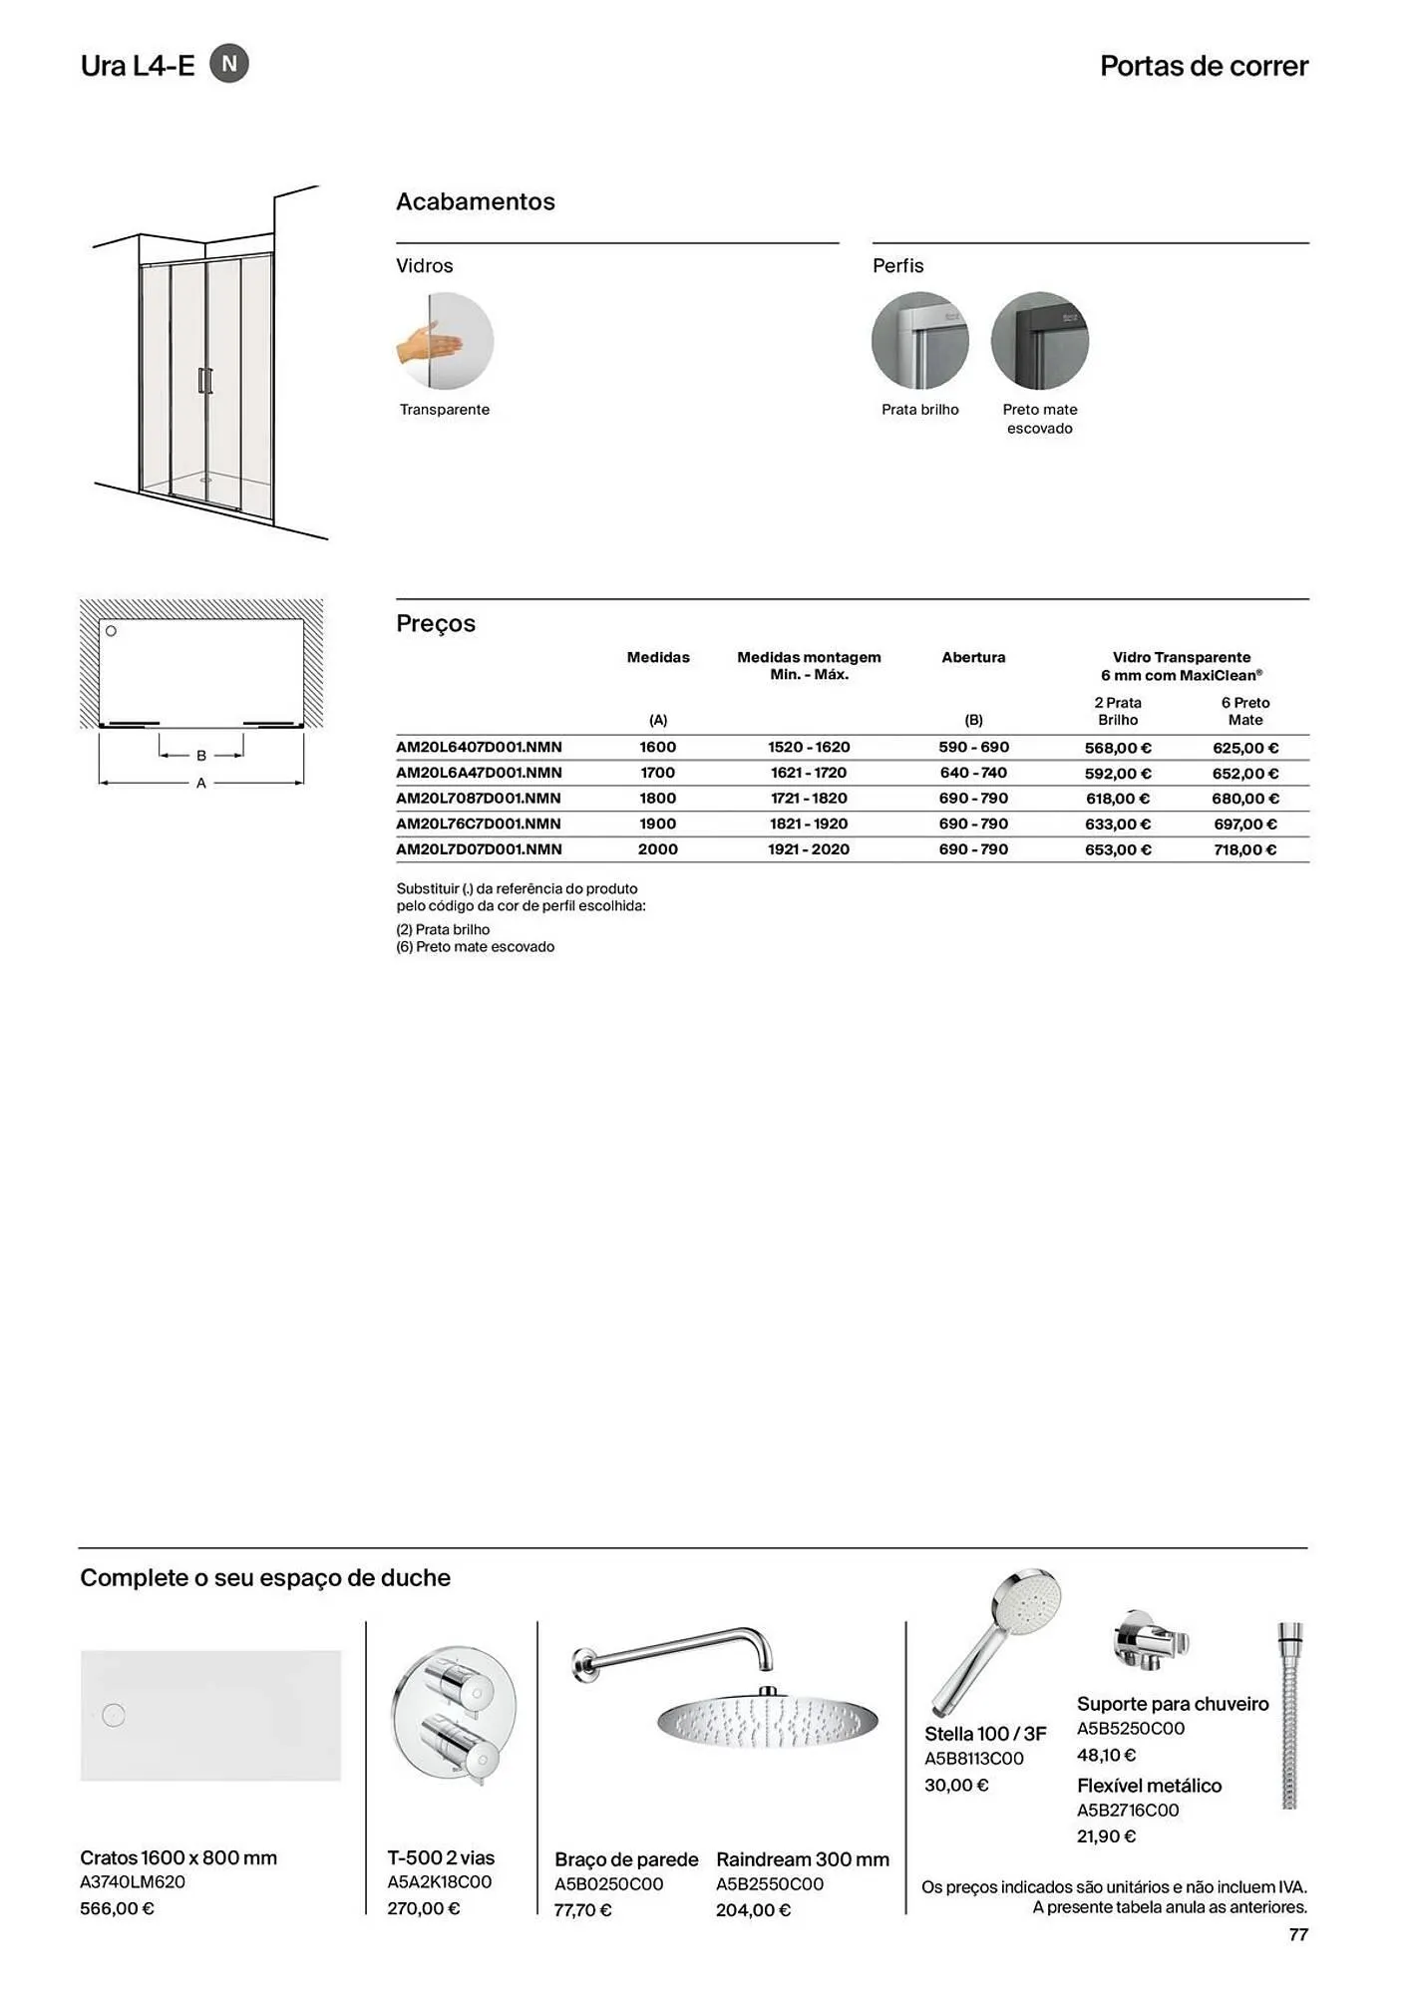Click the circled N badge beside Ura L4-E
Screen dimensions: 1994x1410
[x=229, y=64]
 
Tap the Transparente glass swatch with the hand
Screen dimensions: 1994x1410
[x=445, y=341]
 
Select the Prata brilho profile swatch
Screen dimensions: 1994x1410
[x=919, y=341]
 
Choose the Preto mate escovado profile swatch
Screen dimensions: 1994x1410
[x=1039, y=341]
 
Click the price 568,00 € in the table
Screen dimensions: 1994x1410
[x=1117, y=748]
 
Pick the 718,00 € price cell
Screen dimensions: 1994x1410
[x=1244, y=850]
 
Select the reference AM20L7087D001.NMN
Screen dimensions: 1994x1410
[x=479, y=799]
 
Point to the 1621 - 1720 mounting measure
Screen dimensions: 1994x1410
[x=808, y=773]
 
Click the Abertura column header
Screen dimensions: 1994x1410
[x=973, y=657]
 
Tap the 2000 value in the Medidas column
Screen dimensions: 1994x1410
[x=657, y=849]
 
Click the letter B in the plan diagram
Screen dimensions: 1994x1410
[x=201, y=756]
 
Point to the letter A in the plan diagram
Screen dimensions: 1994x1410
[x=201, y=784]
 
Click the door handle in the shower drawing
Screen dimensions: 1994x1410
[x=204, y=380]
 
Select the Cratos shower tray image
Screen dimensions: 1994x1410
[x=210, y=1715]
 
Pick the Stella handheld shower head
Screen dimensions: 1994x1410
[x=997, y=1635]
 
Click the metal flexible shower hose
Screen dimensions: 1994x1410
[x=1289, y=1715]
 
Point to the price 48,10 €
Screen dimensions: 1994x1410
[x=1106, y=1755]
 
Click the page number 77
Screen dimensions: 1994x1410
[x=1297, y=1934]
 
